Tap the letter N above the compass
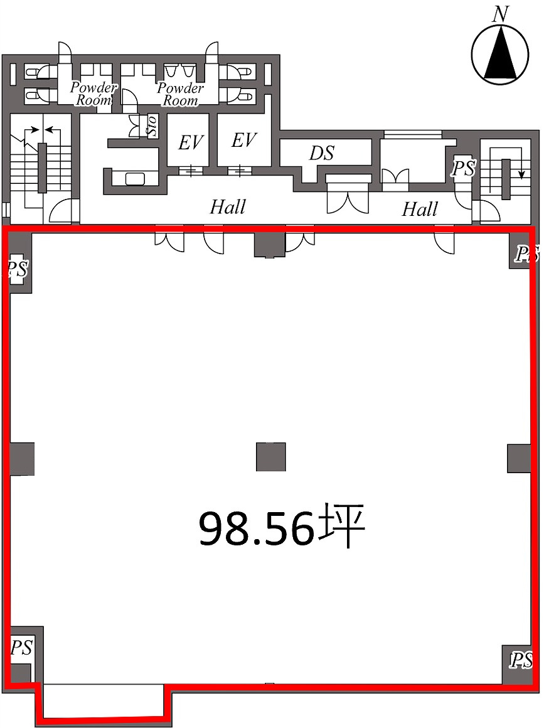[x=500, y=15]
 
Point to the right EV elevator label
[x=244, y=140]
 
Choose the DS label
[x=321, y=153]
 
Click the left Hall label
[x=228, y=206]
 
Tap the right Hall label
[x=420, y=208]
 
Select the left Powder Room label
[x=93, y=94]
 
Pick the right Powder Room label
[x=180, y=94]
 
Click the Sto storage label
[x=151, y=126]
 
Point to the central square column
[x=270, y=457]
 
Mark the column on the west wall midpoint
[x=21, y=458]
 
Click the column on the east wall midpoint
[x=520, y=458]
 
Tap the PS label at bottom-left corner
[x=21, y=647]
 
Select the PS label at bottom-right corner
[x=521, y=660]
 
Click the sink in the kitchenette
[x=135, y=178]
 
